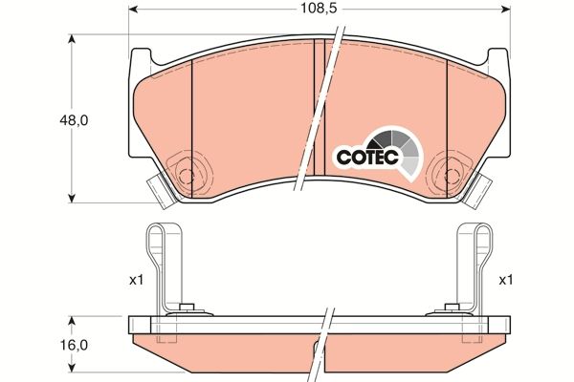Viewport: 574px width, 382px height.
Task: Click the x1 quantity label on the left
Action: (135, 280)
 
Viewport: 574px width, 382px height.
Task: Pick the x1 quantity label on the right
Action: (505, 280)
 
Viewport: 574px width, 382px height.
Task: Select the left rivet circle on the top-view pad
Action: (187, 174)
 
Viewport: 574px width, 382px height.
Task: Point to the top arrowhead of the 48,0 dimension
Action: (74, 39)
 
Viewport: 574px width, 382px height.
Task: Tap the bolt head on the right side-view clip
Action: (450, 308)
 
